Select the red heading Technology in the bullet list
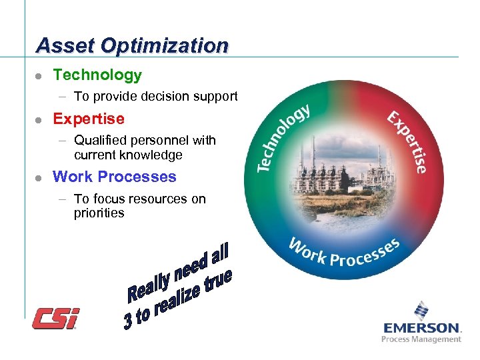click(x=97, y=75)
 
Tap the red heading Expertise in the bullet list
click(x=89, y=119)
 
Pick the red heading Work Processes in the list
click(x=115, y=177)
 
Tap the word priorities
click(x=99, y=213)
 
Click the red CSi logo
click(x=56, y=318)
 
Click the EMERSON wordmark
click(x=421, y=328)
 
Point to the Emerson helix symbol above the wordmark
click(x=421, y=310)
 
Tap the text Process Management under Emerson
click(x=421, y=339)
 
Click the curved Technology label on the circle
click(x=283, y=137)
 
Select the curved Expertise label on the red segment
click(x=407, y=140)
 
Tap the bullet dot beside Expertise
click(x=39, y=120)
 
